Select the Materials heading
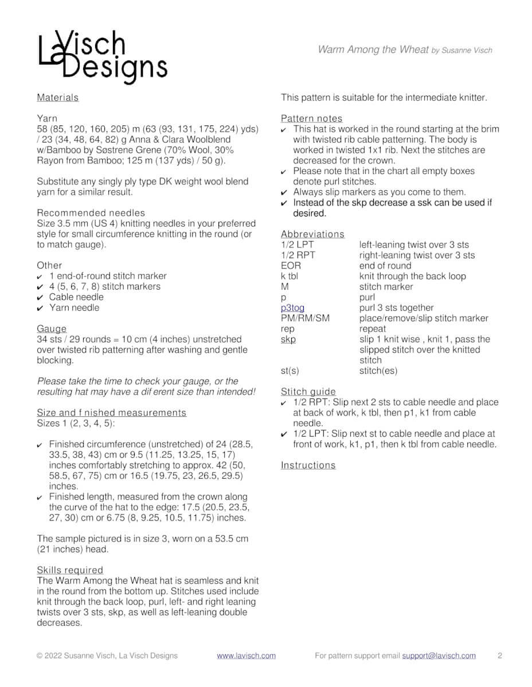pyautogui.click(x=57, y=97)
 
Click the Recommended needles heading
pyautogui.click(x=91, y=213)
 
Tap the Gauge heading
pyautogui.click(x=52, y=329)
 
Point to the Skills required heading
pyautogui.click(x=70, y=570)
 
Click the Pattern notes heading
pyautogui.click(x=311, y=119)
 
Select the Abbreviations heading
pyautogui.click(x=312, y=234)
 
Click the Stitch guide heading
pyautogui.click(x=308, y=392)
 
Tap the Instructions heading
pyautogui.click(x=308, y=465)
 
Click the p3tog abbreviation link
pyautogui.click(x=292, y=308)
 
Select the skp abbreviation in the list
pyautogui.click(x=288, y=339)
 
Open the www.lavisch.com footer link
pyautogui.click(x=246, y=656)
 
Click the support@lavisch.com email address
pyautogui.click(x=439, y=656)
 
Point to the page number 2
pyautogui.click(x=500, y=656)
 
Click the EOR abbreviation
pyautogui.click(x=291, y=266)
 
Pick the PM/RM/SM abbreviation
pyautogui.click(x=305, y=318)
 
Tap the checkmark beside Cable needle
pyautogui.click(x=40, y=297)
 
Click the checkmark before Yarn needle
pyautogui.click(x=40, y=308)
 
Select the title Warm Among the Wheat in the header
pyautogui.click(x=373, y=50)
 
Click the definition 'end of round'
pyautogui.click(x=385, y=266)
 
